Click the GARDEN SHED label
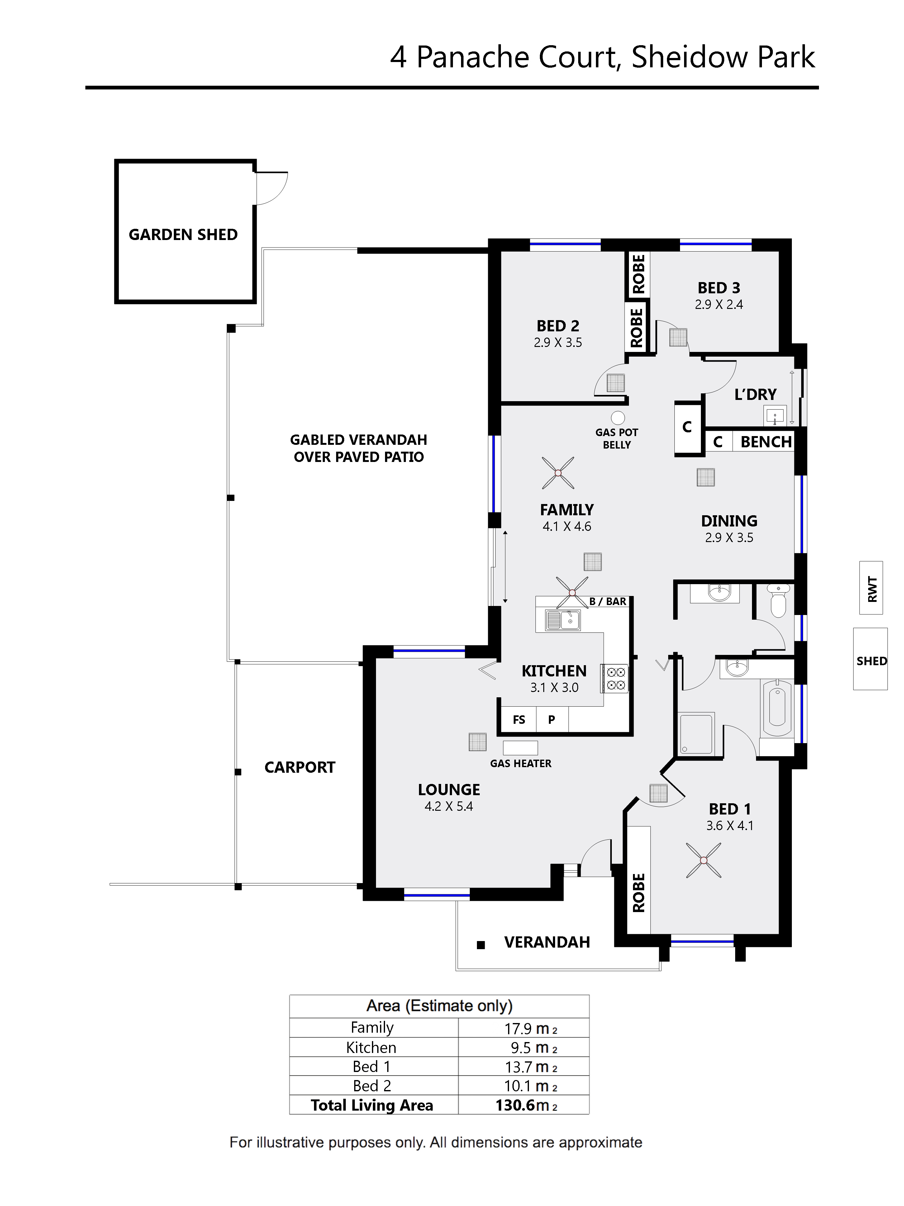[x=183, y=234]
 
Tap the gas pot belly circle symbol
[x=617, y=418]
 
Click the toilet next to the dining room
[x=778, y=601]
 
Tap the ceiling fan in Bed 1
[x=703, y=860]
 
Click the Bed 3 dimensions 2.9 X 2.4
[x=719, y=305]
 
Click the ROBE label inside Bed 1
[x=639, y=892]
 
